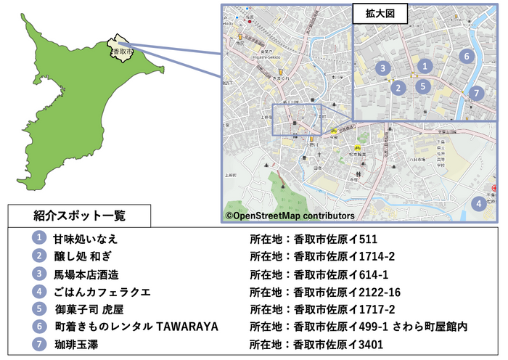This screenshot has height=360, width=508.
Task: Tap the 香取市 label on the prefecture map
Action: click(x=122, y=52)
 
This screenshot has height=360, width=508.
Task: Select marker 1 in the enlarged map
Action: click(x=427, y=66)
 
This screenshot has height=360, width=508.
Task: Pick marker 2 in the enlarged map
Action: click(x=398, y=88)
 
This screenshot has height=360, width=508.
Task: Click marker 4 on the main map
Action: click(x=478, y=204)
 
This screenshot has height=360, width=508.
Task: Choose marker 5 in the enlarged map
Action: click(x=424, y=86)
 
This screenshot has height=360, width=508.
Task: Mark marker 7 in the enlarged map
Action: click(x=475, y=93)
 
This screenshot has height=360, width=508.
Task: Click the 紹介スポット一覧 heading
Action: click(x=80, y=216)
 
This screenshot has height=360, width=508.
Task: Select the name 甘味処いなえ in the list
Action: click(x=85, y=239)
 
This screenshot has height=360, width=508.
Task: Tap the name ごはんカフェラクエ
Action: click(x=102, y=292)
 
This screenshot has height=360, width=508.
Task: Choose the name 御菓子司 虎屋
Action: click(x=92, y=309)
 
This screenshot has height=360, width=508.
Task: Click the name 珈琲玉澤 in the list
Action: click(x=76, y=344)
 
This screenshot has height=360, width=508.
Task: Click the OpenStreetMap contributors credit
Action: click(x=290, y=216)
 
